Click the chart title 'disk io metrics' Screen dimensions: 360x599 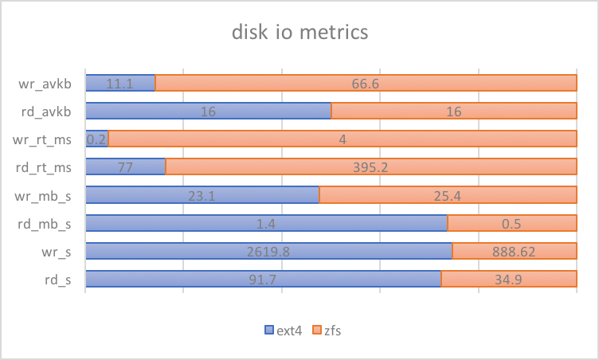[299, 33]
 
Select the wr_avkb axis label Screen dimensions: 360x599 [49, 83]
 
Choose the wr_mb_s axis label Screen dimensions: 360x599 [49, 194]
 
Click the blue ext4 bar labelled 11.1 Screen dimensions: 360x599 [119, 83]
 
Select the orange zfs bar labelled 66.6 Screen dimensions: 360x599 [366, 83]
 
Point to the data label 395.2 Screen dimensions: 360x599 [371, 166]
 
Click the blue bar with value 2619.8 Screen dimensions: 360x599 [268, 251]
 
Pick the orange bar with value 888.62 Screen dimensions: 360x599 [515, 251]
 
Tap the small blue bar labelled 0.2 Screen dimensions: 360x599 [96, 139]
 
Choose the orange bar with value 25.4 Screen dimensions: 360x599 [448, 195]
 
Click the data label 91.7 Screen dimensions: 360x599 [263, 279]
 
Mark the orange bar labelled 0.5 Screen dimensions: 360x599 [512, 223]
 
